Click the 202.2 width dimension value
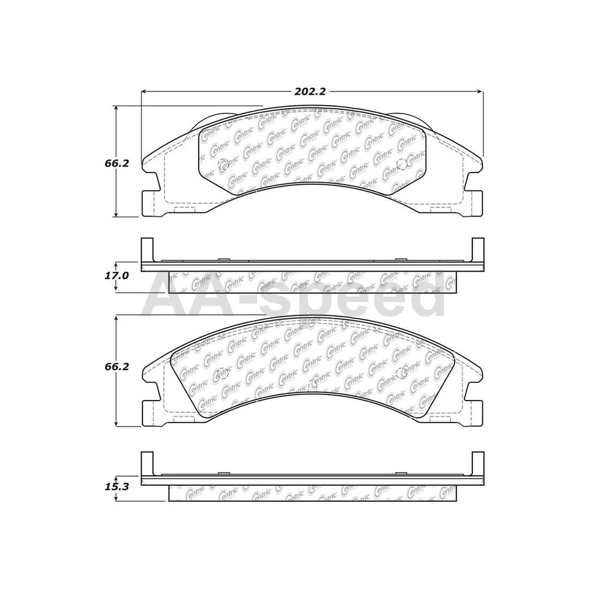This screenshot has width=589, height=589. pyautogui.click(x=309, y=91)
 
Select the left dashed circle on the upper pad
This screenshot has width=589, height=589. pyautogui.click(x=223, y=164)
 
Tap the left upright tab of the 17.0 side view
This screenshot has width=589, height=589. pyautogui.click(x=145, y=250)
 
